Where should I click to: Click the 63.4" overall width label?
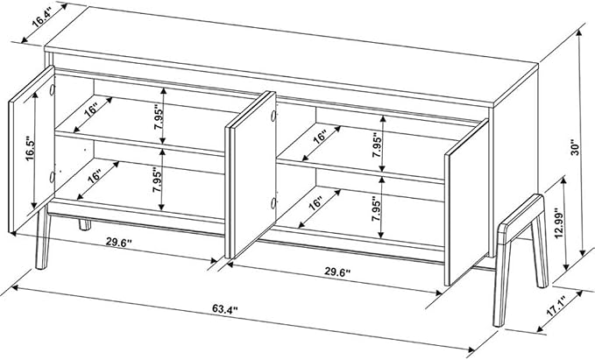pos(224,309)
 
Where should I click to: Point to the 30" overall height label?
pos(576,148)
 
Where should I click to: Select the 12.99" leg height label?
pos(558,223)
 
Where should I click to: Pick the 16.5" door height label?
pos(30,149)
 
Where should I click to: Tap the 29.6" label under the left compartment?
pos(118,242)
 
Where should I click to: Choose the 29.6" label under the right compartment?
pos(337,272)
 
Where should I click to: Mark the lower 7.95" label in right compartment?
pos(376,208)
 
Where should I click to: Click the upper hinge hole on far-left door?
pos(52,90)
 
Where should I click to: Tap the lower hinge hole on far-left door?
pos(52,177)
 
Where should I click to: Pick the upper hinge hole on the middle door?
pos(273,116)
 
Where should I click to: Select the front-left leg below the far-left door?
pos(42,238)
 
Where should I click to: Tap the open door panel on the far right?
pos(466,202)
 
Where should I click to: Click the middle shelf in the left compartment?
pos(139,144)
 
